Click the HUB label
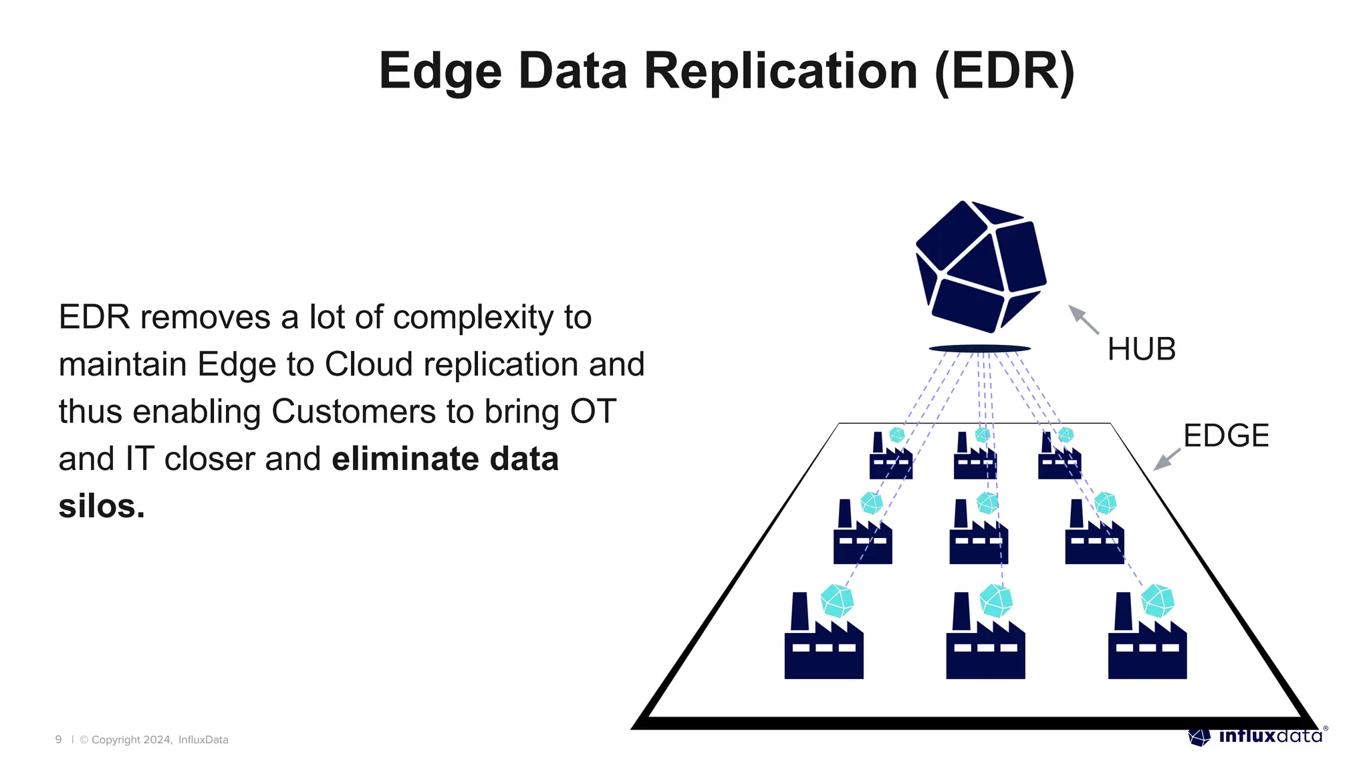click(1141, 349)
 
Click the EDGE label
click(1226, 436)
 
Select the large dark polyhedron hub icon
click(980, 266)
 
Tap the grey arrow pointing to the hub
click(1084, 319)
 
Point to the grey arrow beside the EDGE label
click(1167, 459)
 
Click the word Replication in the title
click(780, 72)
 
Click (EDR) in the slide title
click(1004, 72)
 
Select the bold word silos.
click(101, 506)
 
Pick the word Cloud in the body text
click(368, 365)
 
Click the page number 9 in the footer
click(58, 739)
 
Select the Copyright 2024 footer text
click(132, 739)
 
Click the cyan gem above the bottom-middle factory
click(995, 600)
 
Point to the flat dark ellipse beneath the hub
click(979, 348)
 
